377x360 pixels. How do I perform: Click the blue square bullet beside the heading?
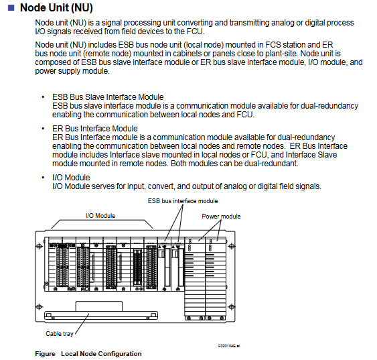pos(11,7)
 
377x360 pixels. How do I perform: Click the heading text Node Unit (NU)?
pos(56,7)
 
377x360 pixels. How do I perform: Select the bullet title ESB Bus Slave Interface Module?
pos(108,97)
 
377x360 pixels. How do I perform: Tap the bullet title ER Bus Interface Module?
pos(95,129)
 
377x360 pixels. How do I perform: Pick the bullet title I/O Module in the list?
pos(71,178)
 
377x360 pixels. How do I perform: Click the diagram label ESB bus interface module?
pos(183,201)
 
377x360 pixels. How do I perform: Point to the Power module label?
pos(221,217)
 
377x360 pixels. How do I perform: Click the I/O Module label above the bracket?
pos(100,216)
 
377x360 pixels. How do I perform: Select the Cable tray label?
pos(60,334)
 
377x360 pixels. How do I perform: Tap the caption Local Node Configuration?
pos(101,354)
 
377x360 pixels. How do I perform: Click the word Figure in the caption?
pos(45,354)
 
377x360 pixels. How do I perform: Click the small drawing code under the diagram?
pos(229,346)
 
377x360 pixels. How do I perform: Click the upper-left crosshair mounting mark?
pos(40,246)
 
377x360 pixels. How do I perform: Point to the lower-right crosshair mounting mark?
pos(231,307)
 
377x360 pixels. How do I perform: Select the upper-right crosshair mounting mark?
pos(231,246)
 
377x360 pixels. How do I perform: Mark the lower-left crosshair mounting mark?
pos(40,307)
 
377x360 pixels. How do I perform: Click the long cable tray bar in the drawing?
pos(101,316)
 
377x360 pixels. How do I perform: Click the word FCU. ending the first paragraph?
pos(196,32)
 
